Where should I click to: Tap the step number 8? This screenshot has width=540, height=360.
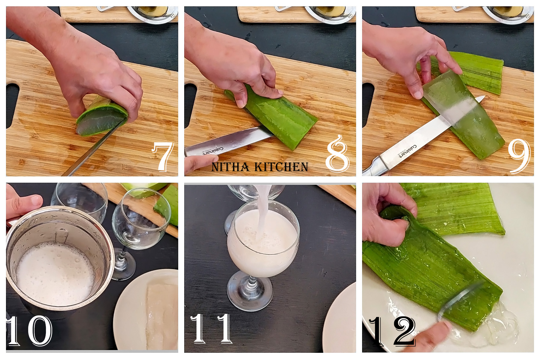[x=337, y=154]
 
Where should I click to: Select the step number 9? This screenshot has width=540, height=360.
[x=519, y=156]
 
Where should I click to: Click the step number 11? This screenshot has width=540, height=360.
[x=211, y=328]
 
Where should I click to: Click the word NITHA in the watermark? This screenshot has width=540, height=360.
[x=230, y=167]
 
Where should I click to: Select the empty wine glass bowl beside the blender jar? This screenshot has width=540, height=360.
[x=141, y=219]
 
